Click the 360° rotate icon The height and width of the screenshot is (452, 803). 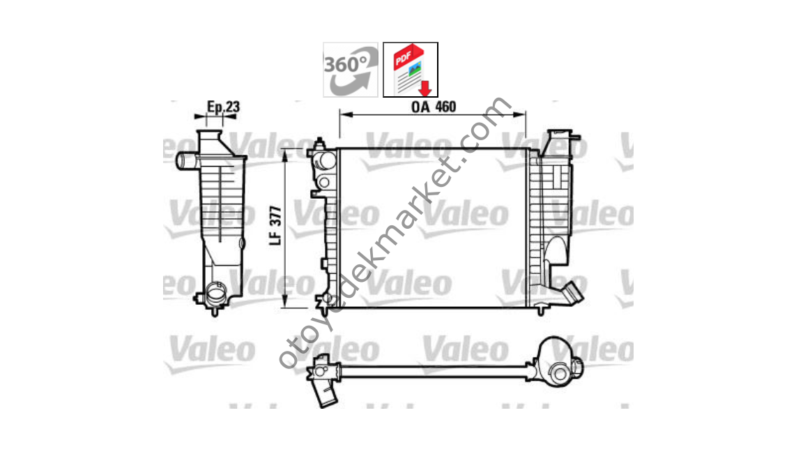(x=350, y=69)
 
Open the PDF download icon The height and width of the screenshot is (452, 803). (x=411, y=69)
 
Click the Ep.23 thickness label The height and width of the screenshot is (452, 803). (x=223, y=107)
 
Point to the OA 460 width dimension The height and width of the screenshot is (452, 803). (x=433, y=107)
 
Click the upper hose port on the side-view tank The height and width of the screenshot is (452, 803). (x=185, y=161)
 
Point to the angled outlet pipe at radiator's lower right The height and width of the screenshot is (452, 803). (x=572, y=292)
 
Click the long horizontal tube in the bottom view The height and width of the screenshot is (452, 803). (x=432, y=370)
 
